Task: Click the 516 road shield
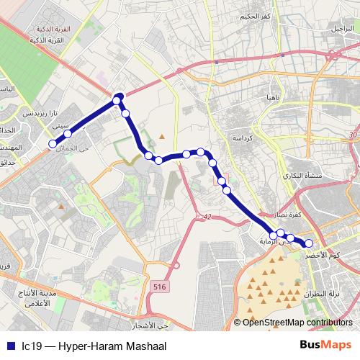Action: pos(159,287)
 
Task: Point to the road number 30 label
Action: pos(351,135)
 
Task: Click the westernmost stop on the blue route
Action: pos(52,144)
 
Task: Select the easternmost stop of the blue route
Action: pos(309,243)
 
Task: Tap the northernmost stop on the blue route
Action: pos(119,97)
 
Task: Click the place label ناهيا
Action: pos(271,97)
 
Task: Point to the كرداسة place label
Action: pos(242,137)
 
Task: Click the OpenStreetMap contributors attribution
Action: pos(293,323)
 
